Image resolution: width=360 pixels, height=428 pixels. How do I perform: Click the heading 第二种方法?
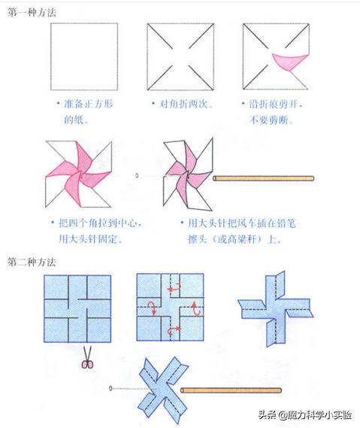(x=31, y=263)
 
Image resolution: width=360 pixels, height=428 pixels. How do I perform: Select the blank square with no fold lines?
(x=84, y=55)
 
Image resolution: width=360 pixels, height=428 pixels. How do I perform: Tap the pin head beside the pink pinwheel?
(x=136, y=175)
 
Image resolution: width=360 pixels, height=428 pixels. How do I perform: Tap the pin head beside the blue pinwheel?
(x=111, y=389)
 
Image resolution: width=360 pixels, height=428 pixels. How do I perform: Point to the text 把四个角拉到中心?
(x=101, y=223)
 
